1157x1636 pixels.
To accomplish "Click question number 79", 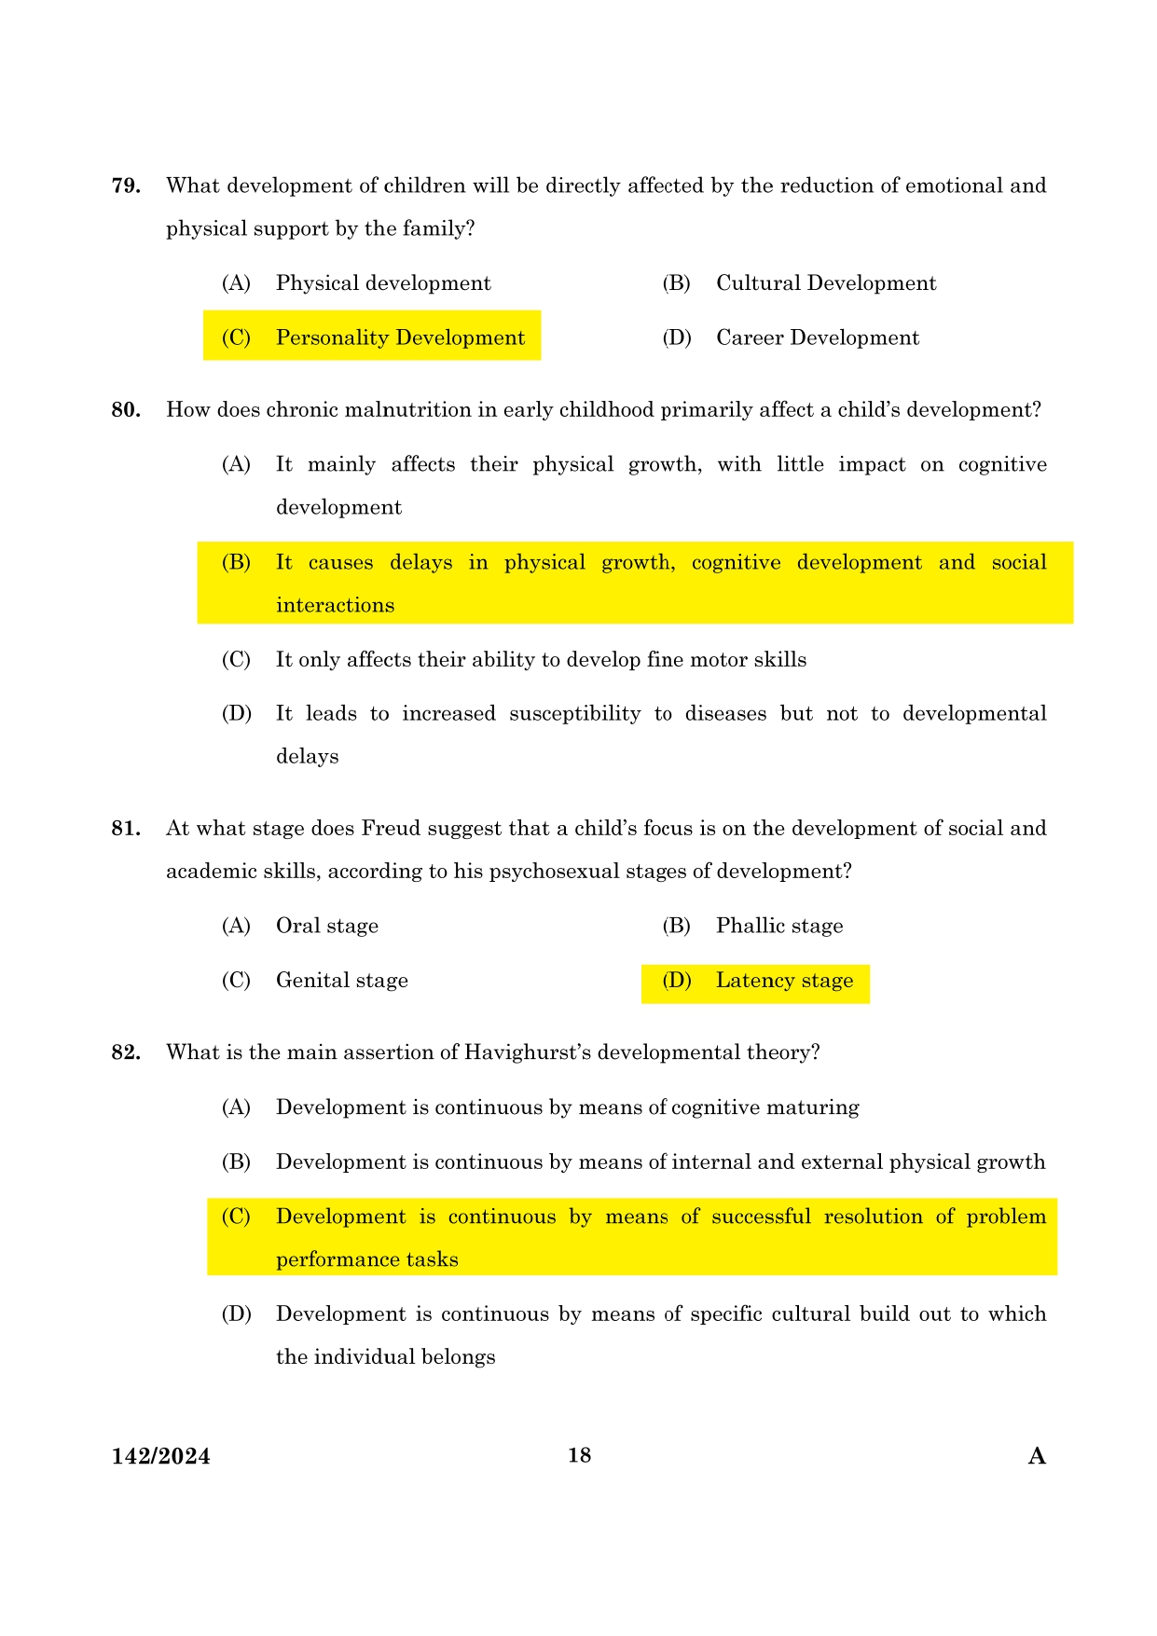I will coord(126,186).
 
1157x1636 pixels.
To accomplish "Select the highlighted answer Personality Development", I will coord(400,337).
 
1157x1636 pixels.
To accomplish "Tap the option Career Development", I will coord(817,337).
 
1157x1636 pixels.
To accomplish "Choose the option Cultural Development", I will coord(825,283).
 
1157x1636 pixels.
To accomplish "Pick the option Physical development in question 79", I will coord(383,283).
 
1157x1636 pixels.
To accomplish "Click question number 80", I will coord(126,410).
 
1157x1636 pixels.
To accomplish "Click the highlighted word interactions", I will coord(335,606).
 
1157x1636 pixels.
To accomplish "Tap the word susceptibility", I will coord(574,714).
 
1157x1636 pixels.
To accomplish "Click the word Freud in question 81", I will coord(390,829).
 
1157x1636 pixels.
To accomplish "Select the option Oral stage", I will coord(327,926).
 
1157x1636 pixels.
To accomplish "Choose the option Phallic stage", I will coord(779,926).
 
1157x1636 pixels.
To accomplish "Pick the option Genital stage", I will coord(342,981).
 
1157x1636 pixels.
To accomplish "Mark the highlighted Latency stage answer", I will coord(784,981).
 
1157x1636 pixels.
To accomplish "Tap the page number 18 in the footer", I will coord(579,1455).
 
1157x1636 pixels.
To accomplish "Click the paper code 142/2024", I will coord(160,1457).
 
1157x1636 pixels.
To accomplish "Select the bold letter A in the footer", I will coord(1037,1456).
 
